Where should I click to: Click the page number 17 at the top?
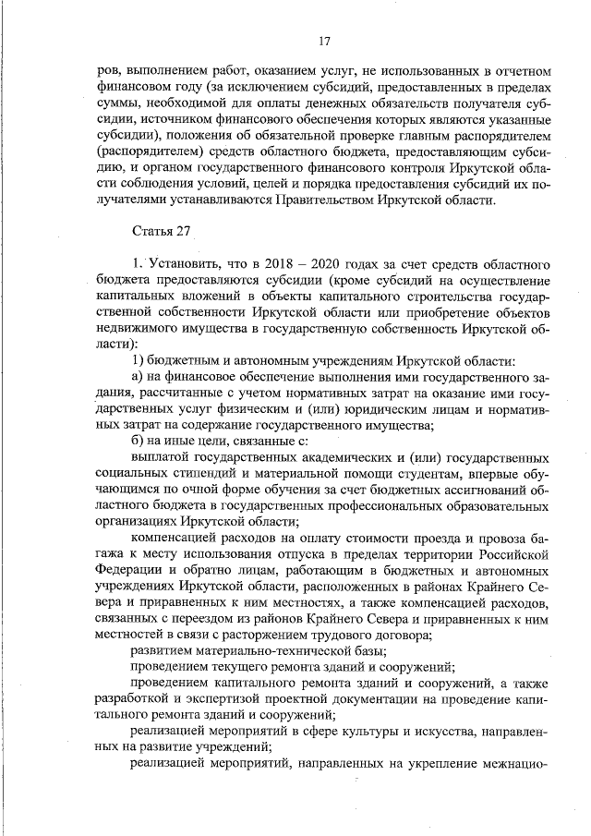click(x=323, y=41)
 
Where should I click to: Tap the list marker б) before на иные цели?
click(x=139, y=439)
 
